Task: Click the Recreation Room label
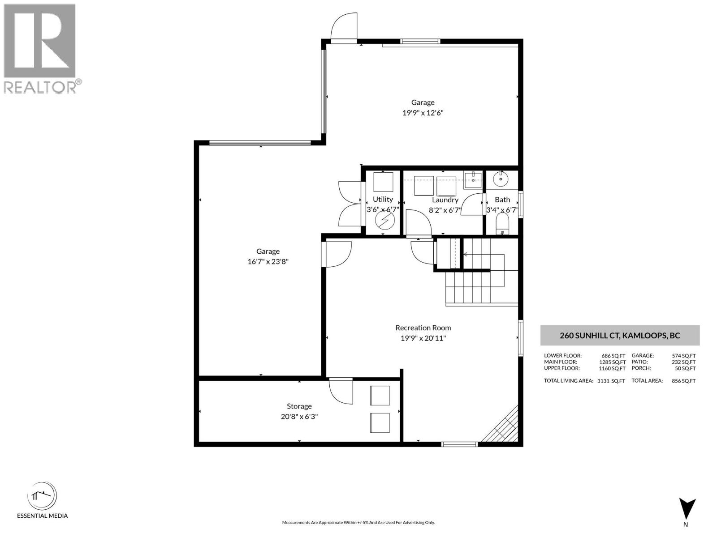(x=423, y=328)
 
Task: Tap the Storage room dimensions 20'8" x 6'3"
(x=299, y=417)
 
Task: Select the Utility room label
(x=383, y=200)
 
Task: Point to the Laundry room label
(x=445, y=200)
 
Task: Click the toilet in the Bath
(x=502, y=224)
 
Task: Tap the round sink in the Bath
(x=500, y=179)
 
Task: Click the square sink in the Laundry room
(x=472, y=179)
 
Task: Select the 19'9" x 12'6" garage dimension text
(x=423, y=113)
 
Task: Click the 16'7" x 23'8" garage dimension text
(x=268, y=262)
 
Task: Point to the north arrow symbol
(x=687, y=509)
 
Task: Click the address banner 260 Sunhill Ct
(x=620, y=336)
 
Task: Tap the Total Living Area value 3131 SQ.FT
(x=611, y=381)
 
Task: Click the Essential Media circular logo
(x=42, y=496)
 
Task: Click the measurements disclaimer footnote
(x=358, y=523)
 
